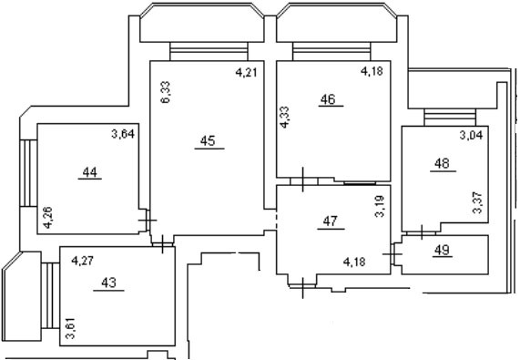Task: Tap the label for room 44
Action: [89, 173]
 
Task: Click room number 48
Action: [442, 165]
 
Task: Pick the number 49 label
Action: [442, 250]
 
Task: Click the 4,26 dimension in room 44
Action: [46, 217]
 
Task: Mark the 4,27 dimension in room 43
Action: [83, 259]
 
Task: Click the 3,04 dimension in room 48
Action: [471, 136]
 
